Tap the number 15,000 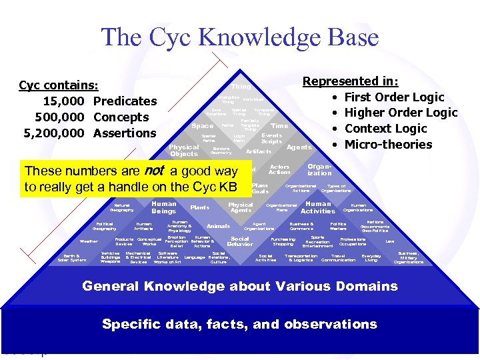64,101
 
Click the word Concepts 121,117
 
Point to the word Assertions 125,133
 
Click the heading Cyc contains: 59,85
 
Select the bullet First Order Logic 394,97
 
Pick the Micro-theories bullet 388,145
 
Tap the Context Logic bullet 385,129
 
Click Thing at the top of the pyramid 241,87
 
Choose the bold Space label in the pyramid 202,126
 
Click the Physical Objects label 184,151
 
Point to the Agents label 299,147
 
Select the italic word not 155,171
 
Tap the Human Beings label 164,207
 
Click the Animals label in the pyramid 218,226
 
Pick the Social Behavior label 239,241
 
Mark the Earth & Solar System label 71,258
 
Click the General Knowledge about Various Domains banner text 239,287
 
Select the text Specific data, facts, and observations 239,325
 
